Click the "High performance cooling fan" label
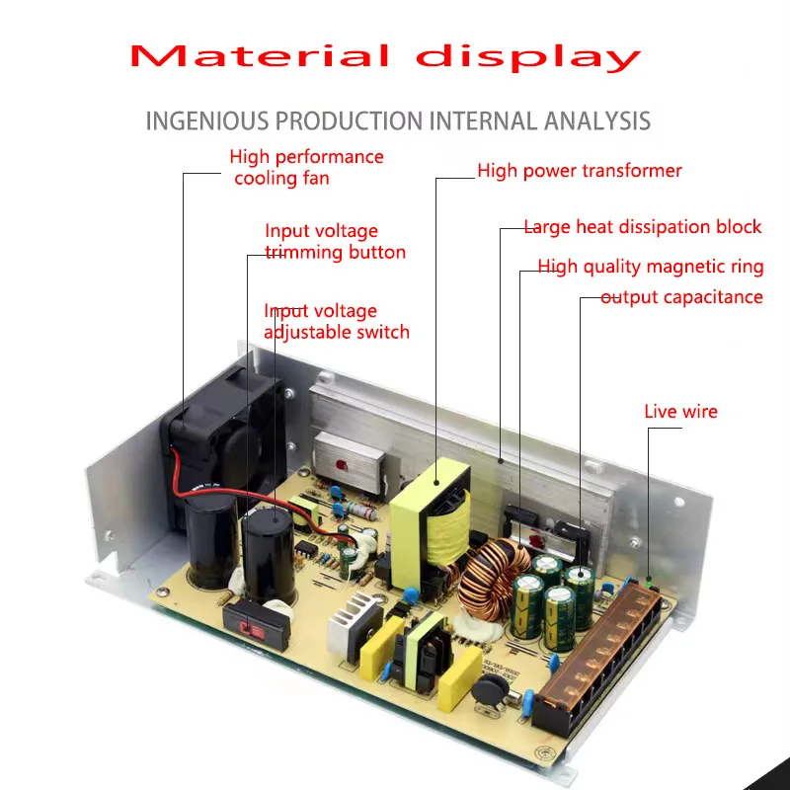[306, 167]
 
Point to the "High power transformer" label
[580, 171]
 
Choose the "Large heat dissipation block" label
[642, 227]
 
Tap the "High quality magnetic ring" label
[650, 267]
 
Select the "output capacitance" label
[681, 297]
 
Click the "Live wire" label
[680, 412]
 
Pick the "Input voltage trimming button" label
[335, 242]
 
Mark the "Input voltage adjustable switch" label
[336, 322]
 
